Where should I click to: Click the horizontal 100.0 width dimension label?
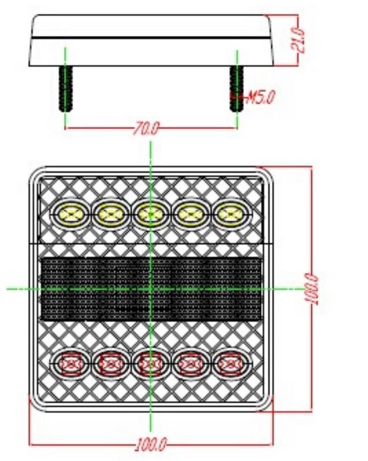151,445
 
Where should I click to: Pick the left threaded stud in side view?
66,88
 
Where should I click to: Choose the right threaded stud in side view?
236,88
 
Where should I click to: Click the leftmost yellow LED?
71,215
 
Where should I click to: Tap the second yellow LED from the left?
110,215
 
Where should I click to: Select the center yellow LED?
150,215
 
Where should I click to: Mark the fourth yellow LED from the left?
189,215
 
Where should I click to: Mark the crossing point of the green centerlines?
150,288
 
